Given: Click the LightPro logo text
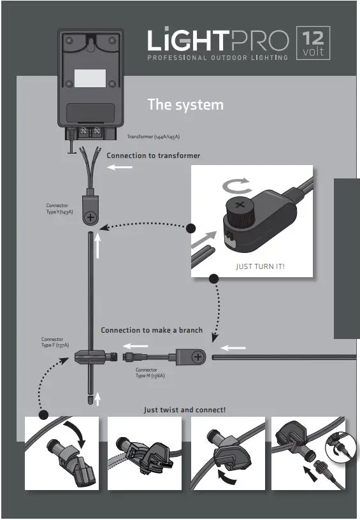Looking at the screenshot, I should (218, 41).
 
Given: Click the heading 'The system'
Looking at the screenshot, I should (185, 104).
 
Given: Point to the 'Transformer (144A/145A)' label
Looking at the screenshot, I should (153, 136).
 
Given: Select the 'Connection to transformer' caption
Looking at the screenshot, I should (153, 155).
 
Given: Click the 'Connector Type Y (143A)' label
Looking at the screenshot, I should (59, 208).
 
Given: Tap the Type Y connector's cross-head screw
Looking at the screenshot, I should (91, 218).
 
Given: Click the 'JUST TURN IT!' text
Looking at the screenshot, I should (260, 266).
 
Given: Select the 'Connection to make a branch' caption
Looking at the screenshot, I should (152, 330).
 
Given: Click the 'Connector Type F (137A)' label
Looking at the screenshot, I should (55, 342).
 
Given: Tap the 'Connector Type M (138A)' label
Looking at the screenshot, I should (150, 373).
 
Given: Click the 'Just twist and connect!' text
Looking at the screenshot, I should (184, 409).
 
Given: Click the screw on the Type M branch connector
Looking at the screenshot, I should (198, 357).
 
